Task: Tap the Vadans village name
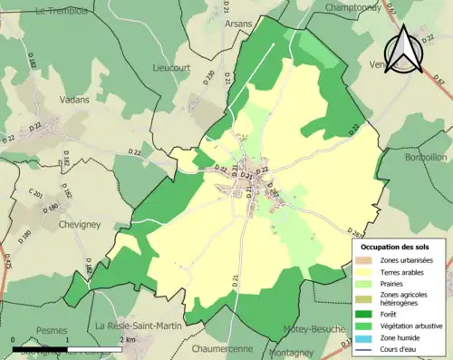(78, 100)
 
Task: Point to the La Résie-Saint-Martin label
(140, 326)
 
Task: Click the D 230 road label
(210, 79)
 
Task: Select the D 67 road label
(440, 83)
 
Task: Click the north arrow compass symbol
(404, 50)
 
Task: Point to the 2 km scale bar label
(126, 340)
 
